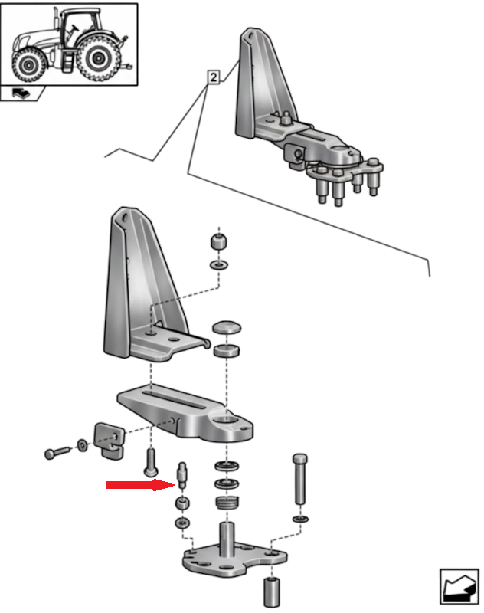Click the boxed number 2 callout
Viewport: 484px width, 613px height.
pyautogui.click(x=213, y=77)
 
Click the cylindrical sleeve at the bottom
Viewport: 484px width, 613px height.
pyautogui.click(x=272, y=592)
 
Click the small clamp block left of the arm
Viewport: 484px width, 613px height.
pyautogui.click(x=106, y=438)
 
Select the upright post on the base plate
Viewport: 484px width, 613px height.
pyautogui.click(x=227, y=536)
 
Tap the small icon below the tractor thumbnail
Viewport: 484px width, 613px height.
pyautogui.click(x=21, y=93)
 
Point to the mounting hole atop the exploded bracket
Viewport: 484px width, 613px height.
pyautogui.click(x=123, y=218)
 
